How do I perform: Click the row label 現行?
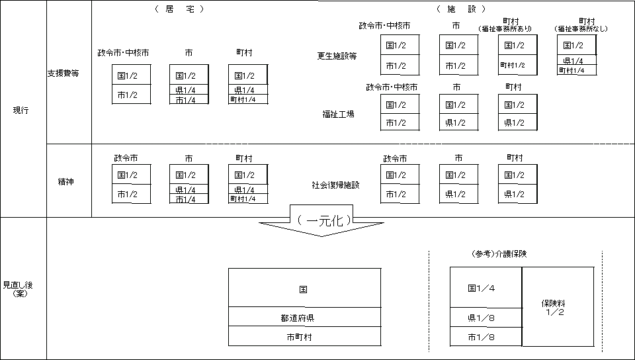[x=21, y=110]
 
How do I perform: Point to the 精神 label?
[x=66, y=181]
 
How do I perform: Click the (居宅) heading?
[x=179, y=9]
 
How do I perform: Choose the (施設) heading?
[x=462, y=9]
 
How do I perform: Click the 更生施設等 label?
[x=337, y=56]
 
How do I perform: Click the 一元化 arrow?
[x=322, y=222]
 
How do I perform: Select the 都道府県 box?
[x=304, y=318]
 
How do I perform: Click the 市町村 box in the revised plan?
[x=304, y=337]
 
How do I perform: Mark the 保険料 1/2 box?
[x=557, y=307]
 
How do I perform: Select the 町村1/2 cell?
[x=513, y=65]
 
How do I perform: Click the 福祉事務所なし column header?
[x=581, y=25]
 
